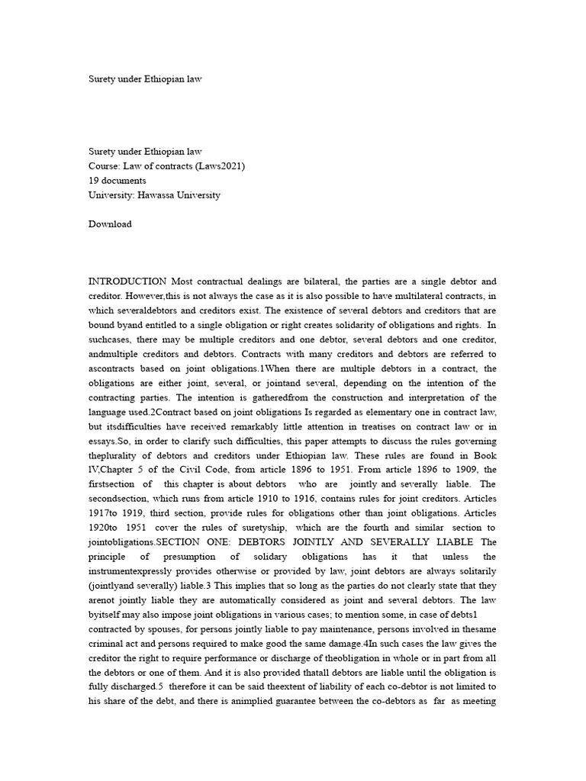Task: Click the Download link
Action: (110, 223)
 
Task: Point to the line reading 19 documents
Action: (118, 180)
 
